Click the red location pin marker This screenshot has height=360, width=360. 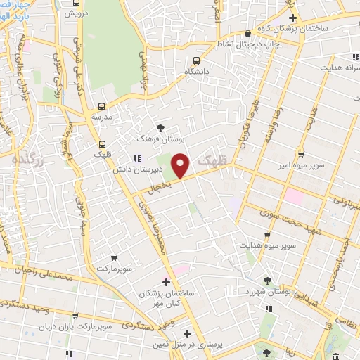pos(181,166)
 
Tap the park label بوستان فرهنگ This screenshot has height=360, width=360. pos(162,139)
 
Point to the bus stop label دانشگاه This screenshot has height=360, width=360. pos(196,72)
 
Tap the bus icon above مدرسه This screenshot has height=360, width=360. pos(101,106)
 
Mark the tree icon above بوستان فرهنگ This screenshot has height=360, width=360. pos(162,128)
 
